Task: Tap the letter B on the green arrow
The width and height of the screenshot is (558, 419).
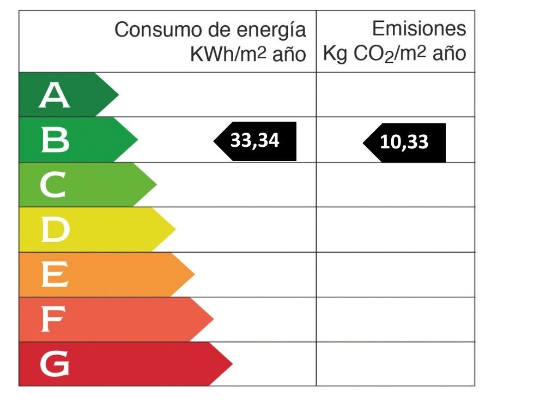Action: pyautogui.click(x=55, y=140)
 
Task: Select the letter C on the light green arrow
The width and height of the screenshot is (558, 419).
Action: pyautogui.click(x=54, y=185)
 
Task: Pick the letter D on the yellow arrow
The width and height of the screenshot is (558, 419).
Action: pyautogui.click(x=55, y=230)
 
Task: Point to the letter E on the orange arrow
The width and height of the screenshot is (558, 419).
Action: pyautogui.click(x=54, y=275)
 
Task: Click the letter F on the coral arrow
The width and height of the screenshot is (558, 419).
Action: pyautogui.click(x=53, y=320)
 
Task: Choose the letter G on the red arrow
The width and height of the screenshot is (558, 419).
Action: pyautogui.click(x=55, y=364)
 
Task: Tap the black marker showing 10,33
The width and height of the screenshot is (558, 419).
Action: pyautogui.click(x=404, y=143)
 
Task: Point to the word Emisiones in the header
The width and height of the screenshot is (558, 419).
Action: pyautogui.click(x=419, y=28)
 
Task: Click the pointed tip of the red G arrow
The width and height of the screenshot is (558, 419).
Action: pyautogui.click(x=231, y=364)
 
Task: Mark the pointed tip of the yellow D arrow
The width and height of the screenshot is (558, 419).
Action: pyautogui.click(x=174, y=230)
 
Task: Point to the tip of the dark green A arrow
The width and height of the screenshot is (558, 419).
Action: pyautogui.click(x=117, y=95)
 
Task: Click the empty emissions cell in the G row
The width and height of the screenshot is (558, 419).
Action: pyautogui.click(x=395, y=364)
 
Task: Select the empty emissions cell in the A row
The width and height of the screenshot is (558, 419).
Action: pyautogui.click(x=395, y=95)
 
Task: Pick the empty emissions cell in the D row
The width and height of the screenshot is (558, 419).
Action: pyautogui.click(x=395, y=230)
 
